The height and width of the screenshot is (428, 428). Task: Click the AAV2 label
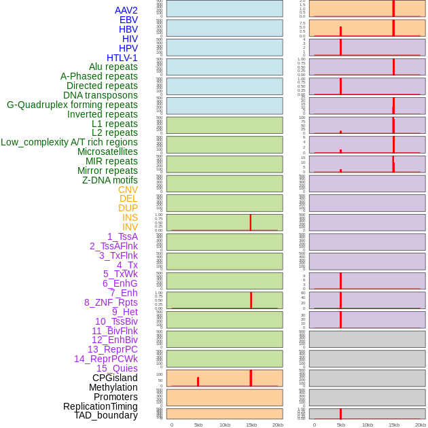[x=126, y=10]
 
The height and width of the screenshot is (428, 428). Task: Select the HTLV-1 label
[x=122, y=58]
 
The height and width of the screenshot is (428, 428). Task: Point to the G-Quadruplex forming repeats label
[x=72, y=105]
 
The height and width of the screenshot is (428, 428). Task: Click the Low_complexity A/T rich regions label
[x=69, y=142]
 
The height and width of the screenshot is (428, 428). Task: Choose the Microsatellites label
[x=107, y=151]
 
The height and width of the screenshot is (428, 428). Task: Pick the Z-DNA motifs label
[x=110, y=180]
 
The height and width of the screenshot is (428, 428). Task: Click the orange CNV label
[x=128, y=190]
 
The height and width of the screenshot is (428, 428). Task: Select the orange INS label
[x=130, y=217]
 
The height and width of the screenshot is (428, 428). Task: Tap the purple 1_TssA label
[x=122, y=236]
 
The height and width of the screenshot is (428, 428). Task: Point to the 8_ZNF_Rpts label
[x=111, y=302]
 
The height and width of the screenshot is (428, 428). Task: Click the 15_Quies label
[x=117, y=368]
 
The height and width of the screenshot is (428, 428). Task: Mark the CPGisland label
[x=115, y=378]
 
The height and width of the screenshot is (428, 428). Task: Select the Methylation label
[x=113, y=387]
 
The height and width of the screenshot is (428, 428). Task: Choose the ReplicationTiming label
[x=101, y=406]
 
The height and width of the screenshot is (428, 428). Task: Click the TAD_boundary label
[x=106, y=415]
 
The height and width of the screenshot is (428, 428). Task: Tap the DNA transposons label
[x=101, y=95]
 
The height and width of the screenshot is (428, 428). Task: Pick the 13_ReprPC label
[x=112, y=349]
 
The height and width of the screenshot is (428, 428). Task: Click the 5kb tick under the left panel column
[x=198, y=425]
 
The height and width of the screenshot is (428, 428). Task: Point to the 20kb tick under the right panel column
[x=421, y=425]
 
